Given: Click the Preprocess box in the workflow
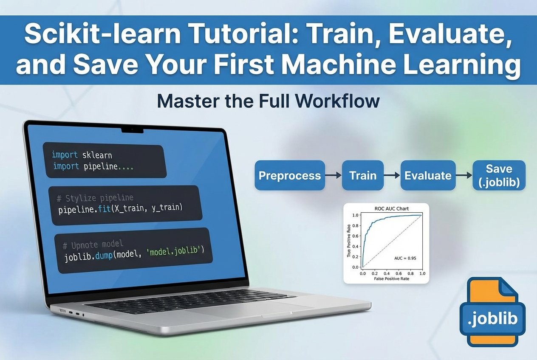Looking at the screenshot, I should coord(290,175).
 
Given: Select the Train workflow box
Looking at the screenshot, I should coord(363,175).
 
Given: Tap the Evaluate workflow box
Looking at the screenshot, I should coord(428,175).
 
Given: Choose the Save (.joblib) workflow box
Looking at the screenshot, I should coord(499,175).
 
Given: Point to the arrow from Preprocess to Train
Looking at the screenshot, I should coord(334,175).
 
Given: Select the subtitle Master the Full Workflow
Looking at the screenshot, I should coord(268,102).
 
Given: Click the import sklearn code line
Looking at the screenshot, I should coord(82,155).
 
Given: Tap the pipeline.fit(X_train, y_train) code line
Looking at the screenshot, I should coord(120,209).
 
